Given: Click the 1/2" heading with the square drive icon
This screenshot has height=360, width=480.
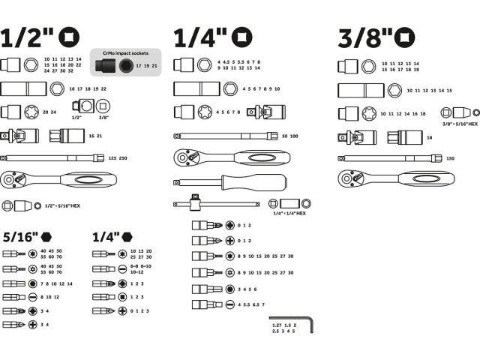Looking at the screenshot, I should click(40, 37).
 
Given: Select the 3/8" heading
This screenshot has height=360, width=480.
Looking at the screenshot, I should click(376, 37).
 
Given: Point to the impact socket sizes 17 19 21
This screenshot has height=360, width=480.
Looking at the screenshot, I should click(147, 66).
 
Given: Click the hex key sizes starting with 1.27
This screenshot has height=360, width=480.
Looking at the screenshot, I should click(284, 328).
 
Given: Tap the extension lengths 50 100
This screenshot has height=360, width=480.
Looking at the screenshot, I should click(290, 136).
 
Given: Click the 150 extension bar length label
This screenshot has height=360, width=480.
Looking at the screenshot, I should click(451, 158).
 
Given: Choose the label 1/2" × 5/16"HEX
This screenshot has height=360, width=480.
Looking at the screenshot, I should click(61, 205).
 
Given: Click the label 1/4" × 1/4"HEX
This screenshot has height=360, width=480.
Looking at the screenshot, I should click(289, 214).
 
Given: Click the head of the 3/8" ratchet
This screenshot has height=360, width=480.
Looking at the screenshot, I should click(348, 178).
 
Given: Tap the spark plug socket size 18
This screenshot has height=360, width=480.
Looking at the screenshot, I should click(430, 138).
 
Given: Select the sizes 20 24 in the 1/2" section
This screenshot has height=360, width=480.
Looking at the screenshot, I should click(49, 112).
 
